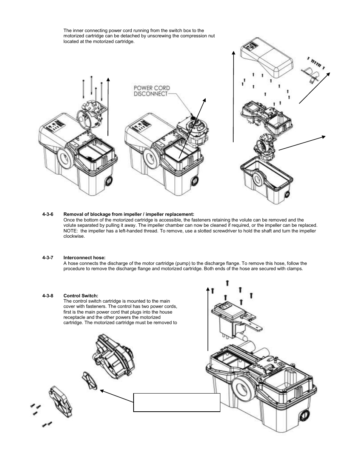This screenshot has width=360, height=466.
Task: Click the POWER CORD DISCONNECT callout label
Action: pos(152,91)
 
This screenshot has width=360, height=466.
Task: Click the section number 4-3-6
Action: pos(48,214)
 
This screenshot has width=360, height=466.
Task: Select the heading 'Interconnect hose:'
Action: pos(85,258)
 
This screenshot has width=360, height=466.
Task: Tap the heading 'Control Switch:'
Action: pos(81,296)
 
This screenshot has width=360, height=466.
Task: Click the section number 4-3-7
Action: pos(48,258)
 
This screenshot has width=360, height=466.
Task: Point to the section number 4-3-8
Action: pos(48,296)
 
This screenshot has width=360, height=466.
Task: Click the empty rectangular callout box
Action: pos(177,403)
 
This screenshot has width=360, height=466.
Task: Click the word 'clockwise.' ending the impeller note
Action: pos(74,236)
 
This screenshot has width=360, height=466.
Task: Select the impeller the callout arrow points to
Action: pos(89,381)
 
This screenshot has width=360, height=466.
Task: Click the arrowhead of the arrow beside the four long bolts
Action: pos(108,79)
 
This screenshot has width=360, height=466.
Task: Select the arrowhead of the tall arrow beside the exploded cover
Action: pos(234,53)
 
